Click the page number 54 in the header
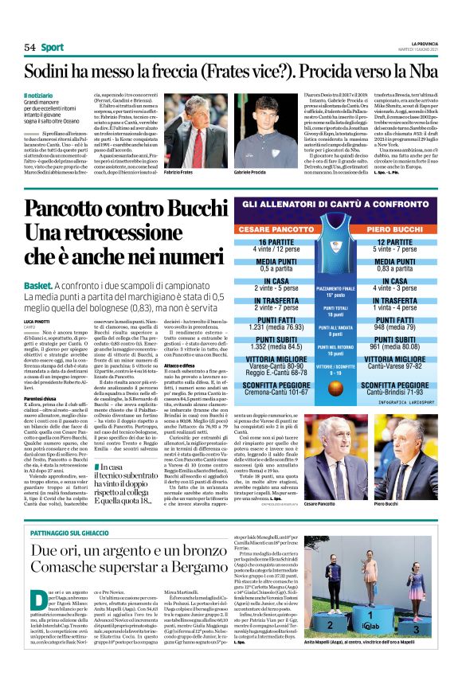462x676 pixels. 29,47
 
